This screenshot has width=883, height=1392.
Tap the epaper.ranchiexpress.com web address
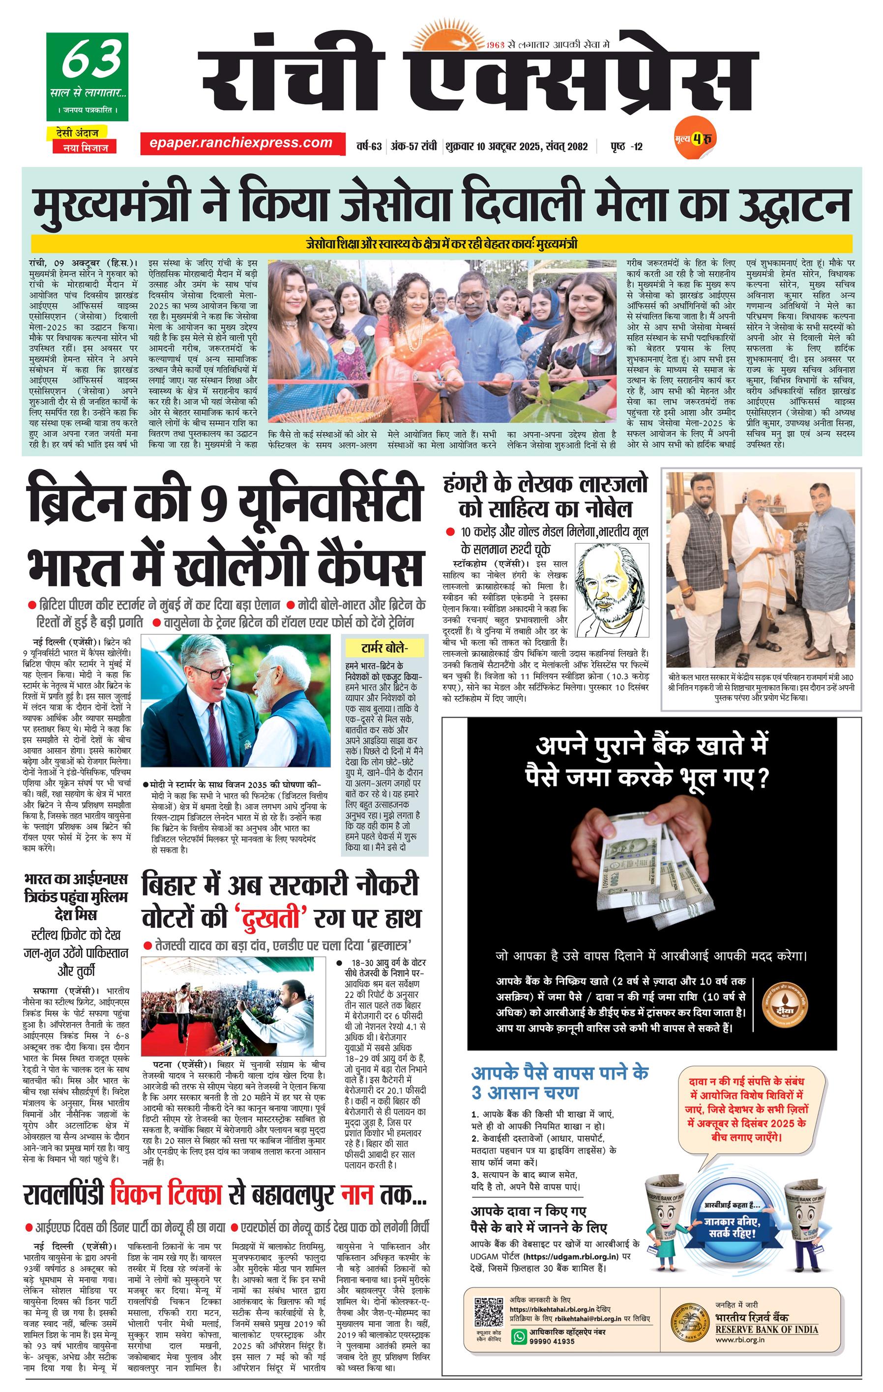240,143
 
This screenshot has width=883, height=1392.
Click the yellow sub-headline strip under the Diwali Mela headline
442,243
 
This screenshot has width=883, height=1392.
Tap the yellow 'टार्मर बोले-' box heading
384,647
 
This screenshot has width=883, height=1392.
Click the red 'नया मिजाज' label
82,147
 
